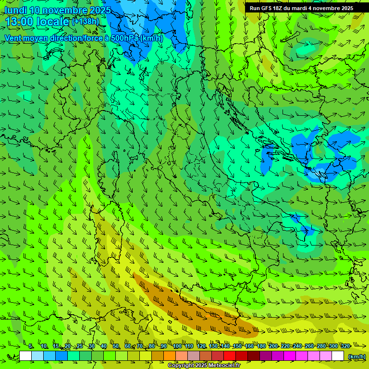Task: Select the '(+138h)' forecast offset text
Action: [x=86, y=22]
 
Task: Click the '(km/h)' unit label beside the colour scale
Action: [x=357, y=357]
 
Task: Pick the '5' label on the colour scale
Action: [x=31, y=346]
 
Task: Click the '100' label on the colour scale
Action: [x=177, y=346]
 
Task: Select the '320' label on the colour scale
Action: [x=345, y=346]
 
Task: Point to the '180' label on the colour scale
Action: [x=261, y=346]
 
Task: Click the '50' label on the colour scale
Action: [x=116, y=346]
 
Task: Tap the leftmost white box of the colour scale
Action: [x=25, y=356]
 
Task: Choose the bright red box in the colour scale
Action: [x=230, y=356]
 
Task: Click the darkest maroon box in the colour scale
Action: [x=254, y=356]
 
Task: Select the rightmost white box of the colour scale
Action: [x=338, y=356]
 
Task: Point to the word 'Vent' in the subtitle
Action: [x=13, y=38]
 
